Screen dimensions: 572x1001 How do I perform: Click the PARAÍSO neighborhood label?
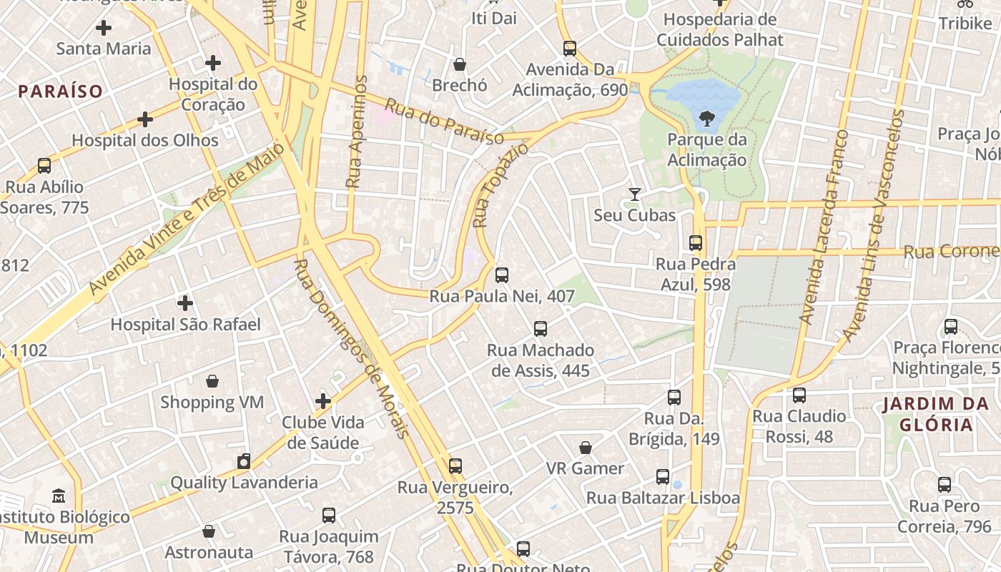point(61,92)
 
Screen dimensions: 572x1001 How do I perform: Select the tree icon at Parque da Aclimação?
point(706,118)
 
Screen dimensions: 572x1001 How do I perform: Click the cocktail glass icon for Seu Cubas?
point(634,194)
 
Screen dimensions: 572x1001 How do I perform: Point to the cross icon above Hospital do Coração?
point(213,63)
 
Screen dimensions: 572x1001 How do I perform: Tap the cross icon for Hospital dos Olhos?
point(145,119)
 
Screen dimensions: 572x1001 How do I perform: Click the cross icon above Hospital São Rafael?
point(185,303)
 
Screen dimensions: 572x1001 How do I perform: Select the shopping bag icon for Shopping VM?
point(212,381)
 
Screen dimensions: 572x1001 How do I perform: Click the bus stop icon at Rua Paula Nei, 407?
point(502,275)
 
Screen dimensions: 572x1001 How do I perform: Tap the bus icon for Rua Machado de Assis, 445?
point(541,329)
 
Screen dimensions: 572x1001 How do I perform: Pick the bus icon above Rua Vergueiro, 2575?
point(455,466)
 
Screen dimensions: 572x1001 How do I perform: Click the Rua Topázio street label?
point(500,185)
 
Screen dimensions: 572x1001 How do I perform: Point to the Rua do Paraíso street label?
point(444,122)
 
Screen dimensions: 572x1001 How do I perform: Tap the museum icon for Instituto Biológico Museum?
point(59,495)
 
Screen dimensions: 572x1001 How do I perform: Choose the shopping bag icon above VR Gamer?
point(586,448)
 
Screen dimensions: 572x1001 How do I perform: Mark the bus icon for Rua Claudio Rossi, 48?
point(799,395)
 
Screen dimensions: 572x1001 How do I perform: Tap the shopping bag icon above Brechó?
point(460,64)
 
